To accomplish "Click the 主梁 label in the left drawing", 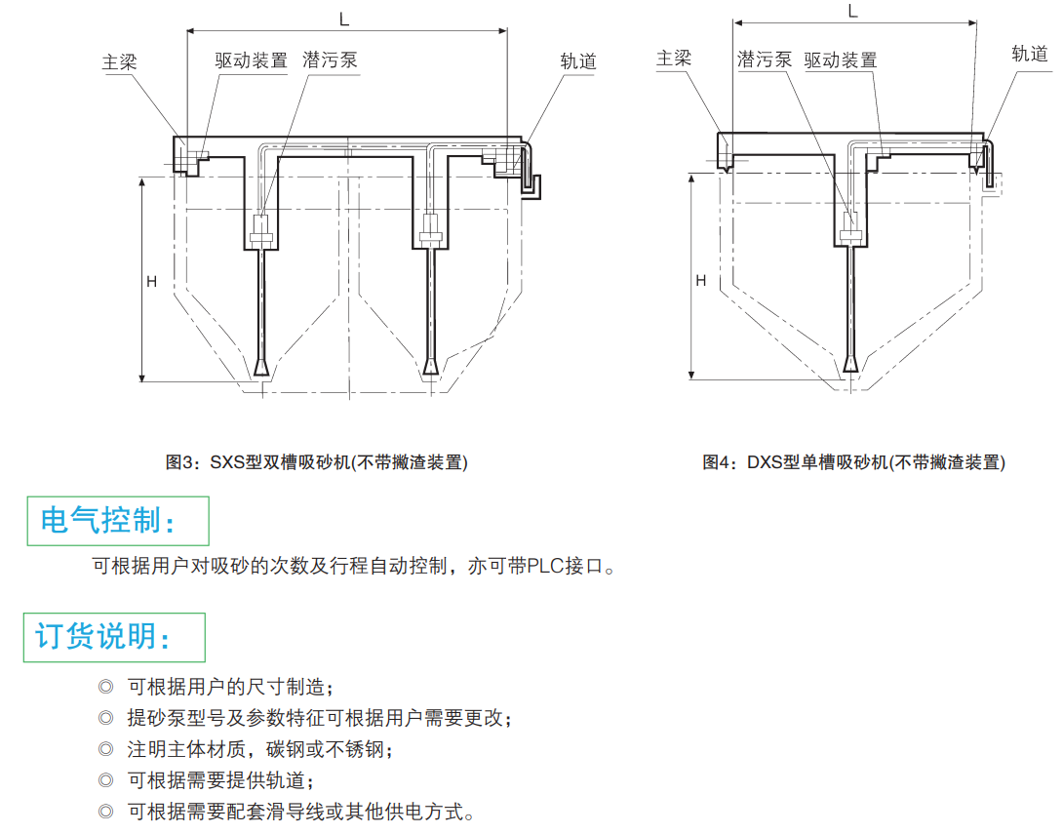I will point(119,61).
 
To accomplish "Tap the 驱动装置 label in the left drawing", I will point(252,60).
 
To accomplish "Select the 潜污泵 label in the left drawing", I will point(331,60).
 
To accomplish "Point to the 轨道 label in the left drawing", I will point(578,60).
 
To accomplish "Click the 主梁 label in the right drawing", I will point(674,59).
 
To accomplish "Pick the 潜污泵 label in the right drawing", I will point(765,60).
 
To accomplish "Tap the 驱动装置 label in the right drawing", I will point(841,60).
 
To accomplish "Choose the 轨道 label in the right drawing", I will point(1030,53).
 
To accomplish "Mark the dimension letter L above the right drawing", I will point(853,11).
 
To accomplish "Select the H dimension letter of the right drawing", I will point(700,280).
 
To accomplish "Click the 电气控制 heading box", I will point(117,521).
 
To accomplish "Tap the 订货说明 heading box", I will point(114,637).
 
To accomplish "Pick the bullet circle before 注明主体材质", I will point(106,749).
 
